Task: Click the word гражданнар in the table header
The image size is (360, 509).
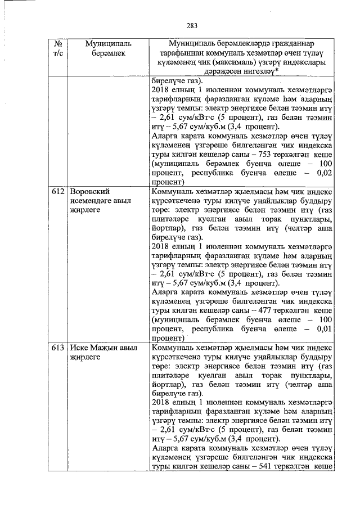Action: coord(289,44)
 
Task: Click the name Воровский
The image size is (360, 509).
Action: coord(89,191)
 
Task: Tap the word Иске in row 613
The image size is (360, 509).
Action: coord(79,348)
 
